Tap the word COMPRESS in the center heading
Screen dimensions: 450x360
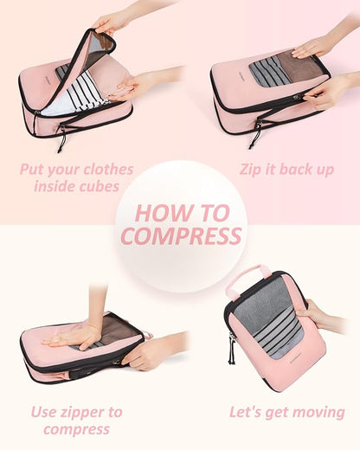click(180, 235)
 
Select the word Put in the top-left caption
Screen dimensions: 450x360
click(34, 169)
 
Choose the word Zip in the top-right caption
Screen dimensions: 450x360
click(253, 169)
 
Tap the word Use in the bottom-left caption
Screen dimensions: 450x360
click(45, 412)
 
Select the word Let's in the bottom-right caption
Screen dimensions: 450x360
click(247, 412)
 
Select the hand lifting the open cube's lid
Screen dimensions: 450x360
click(112, 22)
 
